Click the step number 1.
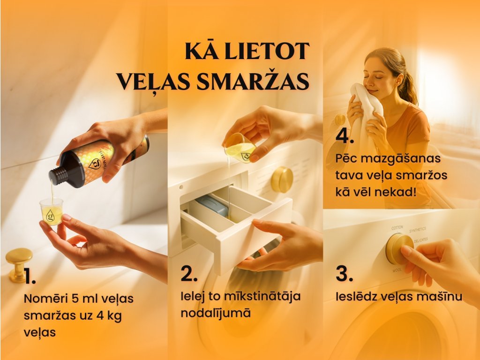[30, 277]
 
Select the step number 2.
[189, 273]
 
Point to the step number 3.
[345, 273]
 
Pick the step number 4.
[345, 135]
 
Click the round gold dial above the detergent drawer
[282, 180]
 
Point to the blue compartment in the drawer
[212, 206]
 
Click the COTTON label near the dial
[397, 228]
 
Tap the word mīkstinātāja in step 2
[262, 296]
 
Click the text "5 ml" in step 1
[83, 298]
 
